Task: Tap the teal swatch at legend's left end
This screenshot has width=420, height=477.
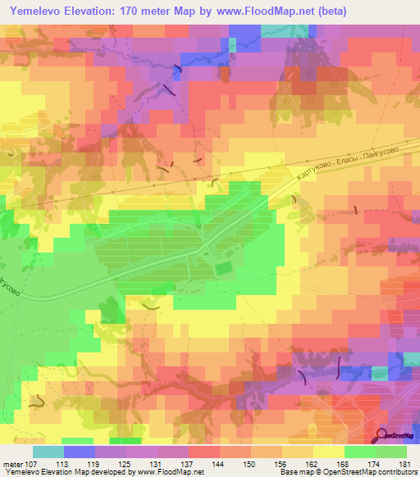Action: (48, 452)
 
